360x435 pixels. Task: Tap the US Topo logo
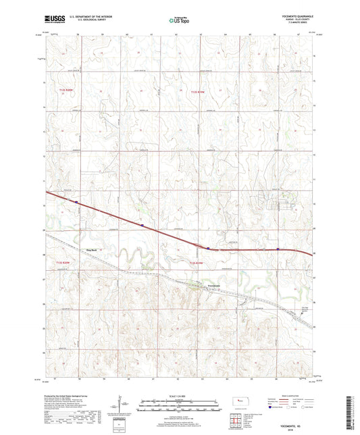coord(179,21)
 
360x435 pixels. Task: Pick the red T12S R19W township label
coord(197,92)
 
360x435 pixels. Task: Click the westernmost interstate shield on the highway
coord(77,201)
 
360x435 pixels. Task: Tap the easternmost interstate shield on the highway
coord(278,249)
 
